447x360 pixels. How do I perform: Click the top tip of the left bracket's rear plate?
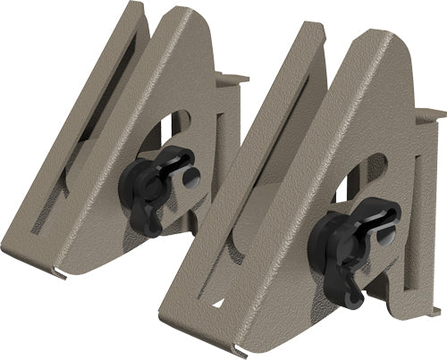134,7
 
